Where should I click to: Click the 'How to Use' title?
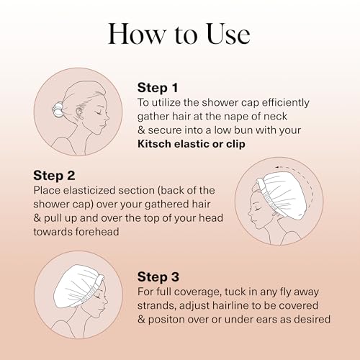tap(180, 34)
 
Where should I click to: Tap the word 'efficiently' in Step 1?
tap(297, 102)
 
